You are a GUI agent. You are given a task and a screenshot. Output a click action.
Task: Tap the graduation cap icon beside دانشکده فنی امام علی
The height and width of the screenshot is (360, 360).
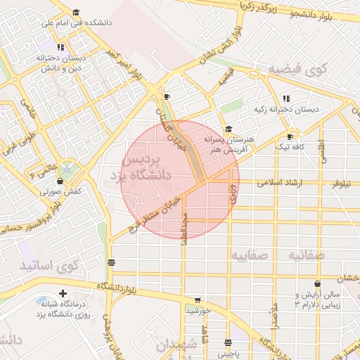pos(76,12)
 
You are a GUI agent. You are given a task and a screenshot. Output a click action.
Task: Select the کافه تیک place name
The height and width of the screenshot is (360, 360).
pos(289,146)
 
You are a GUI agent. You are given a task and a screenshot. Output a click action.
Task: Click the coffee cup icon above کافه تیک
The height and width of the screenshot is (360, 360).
pos(290,136)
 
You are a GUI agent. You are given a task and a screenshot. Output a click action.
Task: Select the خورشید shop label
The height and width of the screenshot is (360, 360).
pos(198,310)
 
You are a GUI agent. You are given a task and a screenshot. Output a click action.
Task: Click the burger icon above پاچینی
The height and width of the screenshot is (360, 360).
pos(227,343)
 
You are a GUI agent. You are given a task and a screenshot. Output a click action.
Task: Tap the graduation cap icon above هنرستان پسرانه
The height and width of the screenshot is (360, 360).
pos(228,129)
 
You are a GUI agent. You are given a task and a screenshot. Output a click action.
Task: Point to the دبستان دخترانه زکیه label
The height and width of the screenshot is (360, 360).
pos(285,109)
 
